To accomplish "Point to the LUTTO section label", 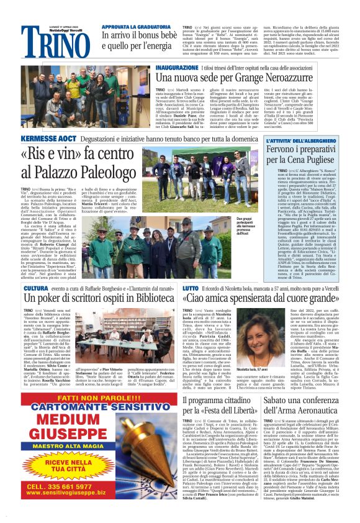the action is (x=191, y=289).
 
